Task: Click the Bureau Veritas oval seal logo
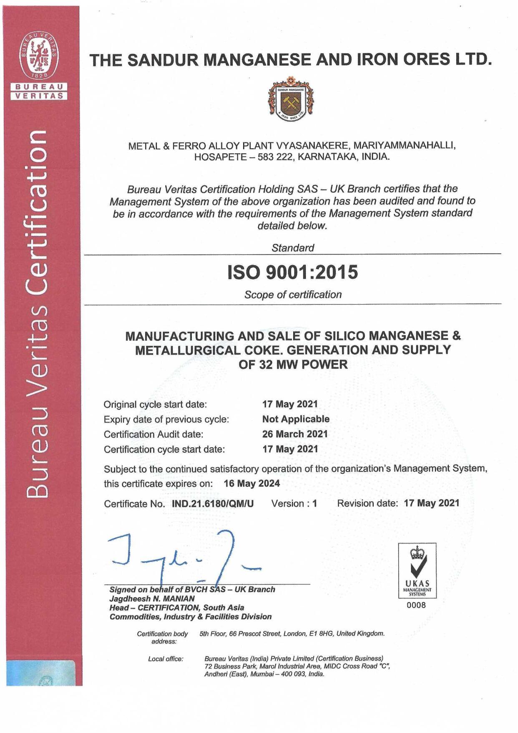[40, 55]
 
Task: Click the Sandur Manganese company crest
[291, 99]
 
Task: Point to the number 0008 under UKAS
[416, 605]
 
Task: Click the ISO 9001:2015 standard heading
[292, 272]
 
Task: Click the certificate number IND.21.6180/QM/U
[213, 504]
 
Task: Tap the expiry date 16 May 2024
[252, 484]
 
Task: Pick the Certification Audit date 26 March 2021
[295, 434]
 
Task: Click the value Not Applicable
[296, 419]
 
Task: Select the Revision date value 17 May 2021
[432, 503]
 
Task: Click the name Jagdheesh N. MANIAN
[152, 599]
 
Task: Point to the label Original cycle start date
[155, 404]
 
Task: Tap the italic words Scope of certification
[293, 295]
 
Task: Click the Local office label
[166, 659]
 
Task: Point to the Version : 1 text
[294, 504]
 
